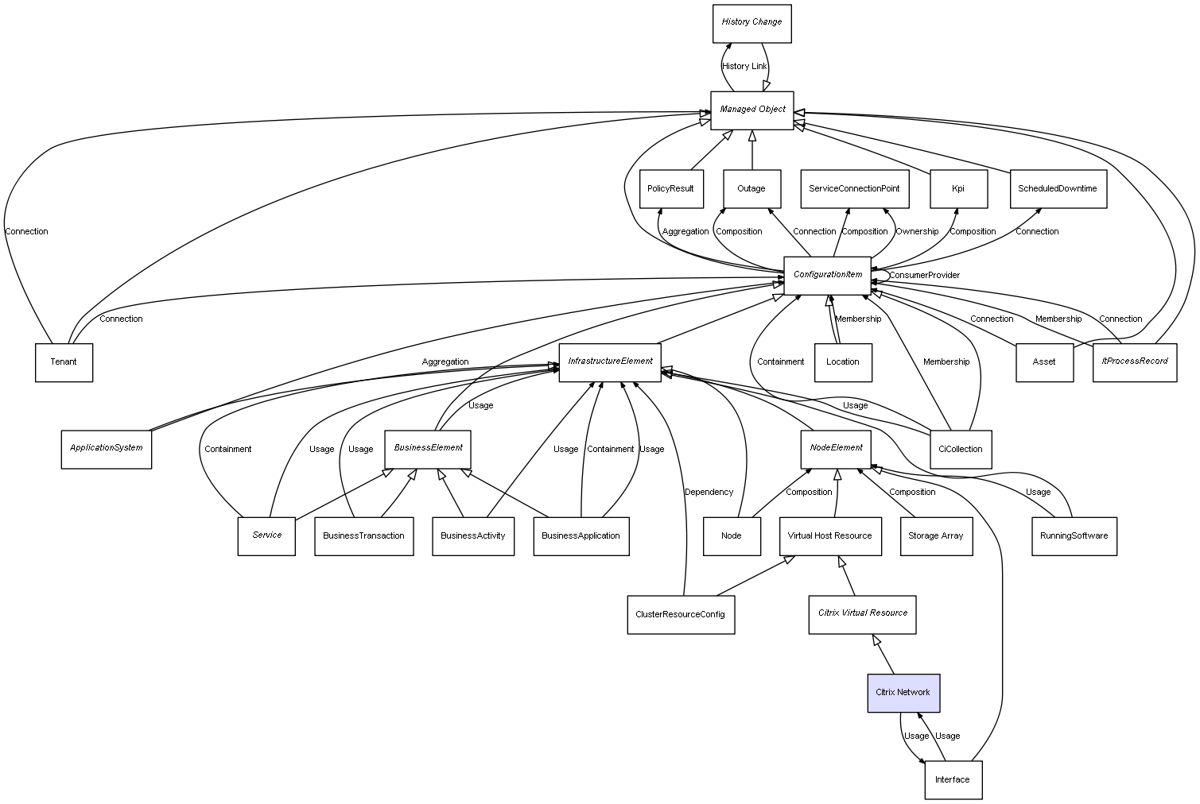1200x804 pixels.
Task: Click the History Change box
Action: pyautogui.click(x=751, y=23)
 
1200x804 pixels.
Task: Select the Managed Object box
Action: pyautogui.click(x=752, y=110)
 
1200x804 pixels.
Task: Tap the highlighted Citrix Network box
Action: pyautogui.click(x=903, y=693)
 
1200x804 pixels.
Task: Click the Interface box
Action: pyautogui.click(x=953, y=779)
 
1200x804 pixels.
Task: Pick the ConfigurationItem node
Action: pyautogui.click(x=828, y=275)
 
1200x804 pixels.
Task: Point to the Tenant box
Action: pyautogui.click(x=64, y=362)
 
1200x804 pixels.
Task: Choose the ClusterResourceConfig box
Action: pyautogui.click(x=681, y=614)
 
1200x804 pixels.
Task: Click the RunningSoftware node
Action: pyautogui.click(x=1074, y=536)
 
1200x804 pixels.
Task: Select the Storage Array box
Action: pyautogui.click(x=936, y=536)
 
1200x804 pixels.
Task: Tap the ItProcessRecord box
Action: pyautogui.click(x=1135, y=361)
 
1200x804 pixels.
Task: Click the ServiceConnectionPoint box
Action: pyautogui.click(x=854, y=189)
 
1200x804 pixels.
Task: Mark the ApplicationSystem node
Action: pyautogui.click(x=107, y=449)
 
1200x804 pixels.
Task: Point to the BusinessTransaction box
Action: pyautogui.click(x=363, y=536)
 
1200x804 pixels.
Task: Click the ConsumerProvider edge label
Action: pyautogui.click(x=924, y=276)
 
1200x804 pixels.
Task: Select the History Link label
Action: pyautogui.click(x=744, y=67)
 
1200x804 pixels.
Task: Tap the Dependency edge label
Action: pyautogui.click(x=709, y=493)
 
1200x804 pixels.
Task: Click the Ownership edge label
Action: pyautogui.click(x=917, y=232)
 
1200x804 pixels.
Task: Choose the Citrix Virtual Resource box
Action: pyautogui.click(x=863, y=614)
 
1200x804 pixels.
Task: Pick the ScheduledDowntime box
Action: pyautogui.click(x=1058, y=189)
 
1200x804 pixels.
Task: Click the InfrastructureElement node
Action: pyautogui.click(x=610, y=362)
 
